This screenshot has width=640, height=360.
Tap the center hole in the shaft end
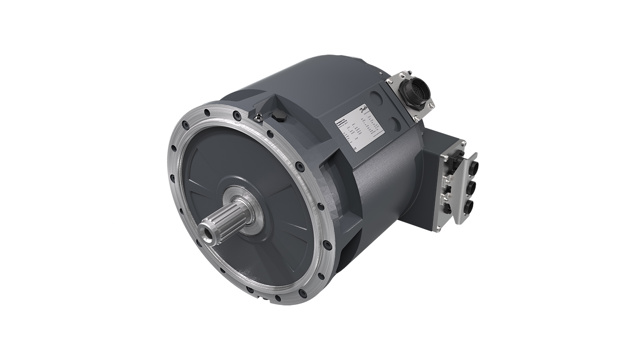[x=206, y=235]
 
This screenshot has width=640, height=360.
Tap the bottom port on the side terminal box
[x=467, y=208]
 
